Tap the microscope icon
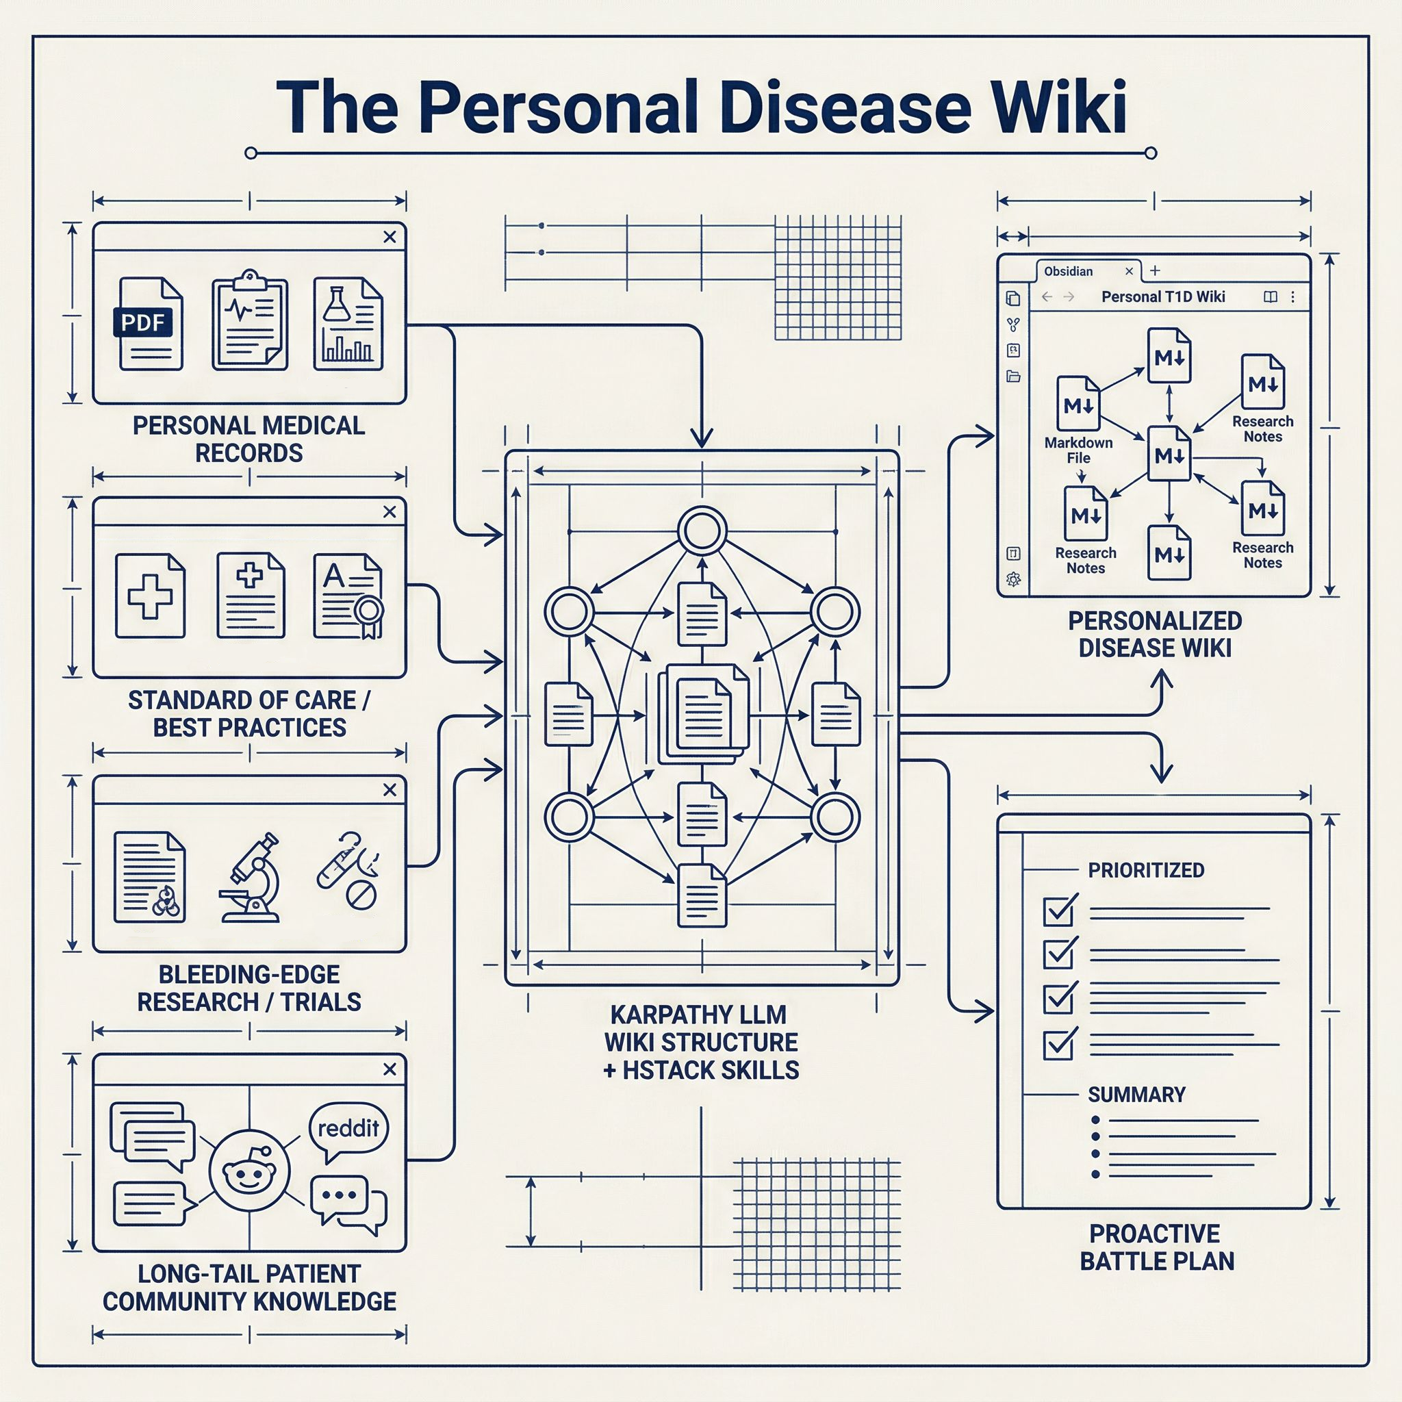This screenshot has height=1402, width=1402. point(251,878)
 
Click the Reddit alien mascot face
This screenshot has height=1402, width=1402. point(249,1171)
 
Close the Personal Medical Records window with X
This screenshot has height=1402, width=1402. point(390,238)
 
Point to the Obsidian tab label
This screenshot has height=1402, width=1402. point(1068,271)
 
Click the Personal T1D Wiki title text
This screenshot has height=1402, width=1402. point(1162,297)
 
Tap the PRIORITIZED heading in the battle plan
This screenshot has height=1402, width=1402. point(1146,870)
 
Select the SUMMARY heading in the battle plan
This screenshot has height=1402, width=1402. point(1136,1095)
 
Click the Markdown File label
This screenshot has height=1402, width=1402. point(1078,450)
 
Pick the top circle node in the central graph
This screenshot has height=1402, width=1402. point(702,531)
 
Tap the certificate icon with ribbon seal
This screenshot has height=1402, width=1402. point(349,596)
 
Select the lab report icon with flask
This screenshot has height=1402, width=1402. point(348,324)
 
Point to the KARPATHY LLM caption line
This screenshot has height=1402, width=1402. point(698,1015)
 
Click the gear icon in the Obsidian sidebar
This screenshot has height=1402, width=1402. point(1014,580)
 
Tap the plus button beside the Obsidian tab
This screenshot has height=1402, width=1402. point(1156,270)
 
